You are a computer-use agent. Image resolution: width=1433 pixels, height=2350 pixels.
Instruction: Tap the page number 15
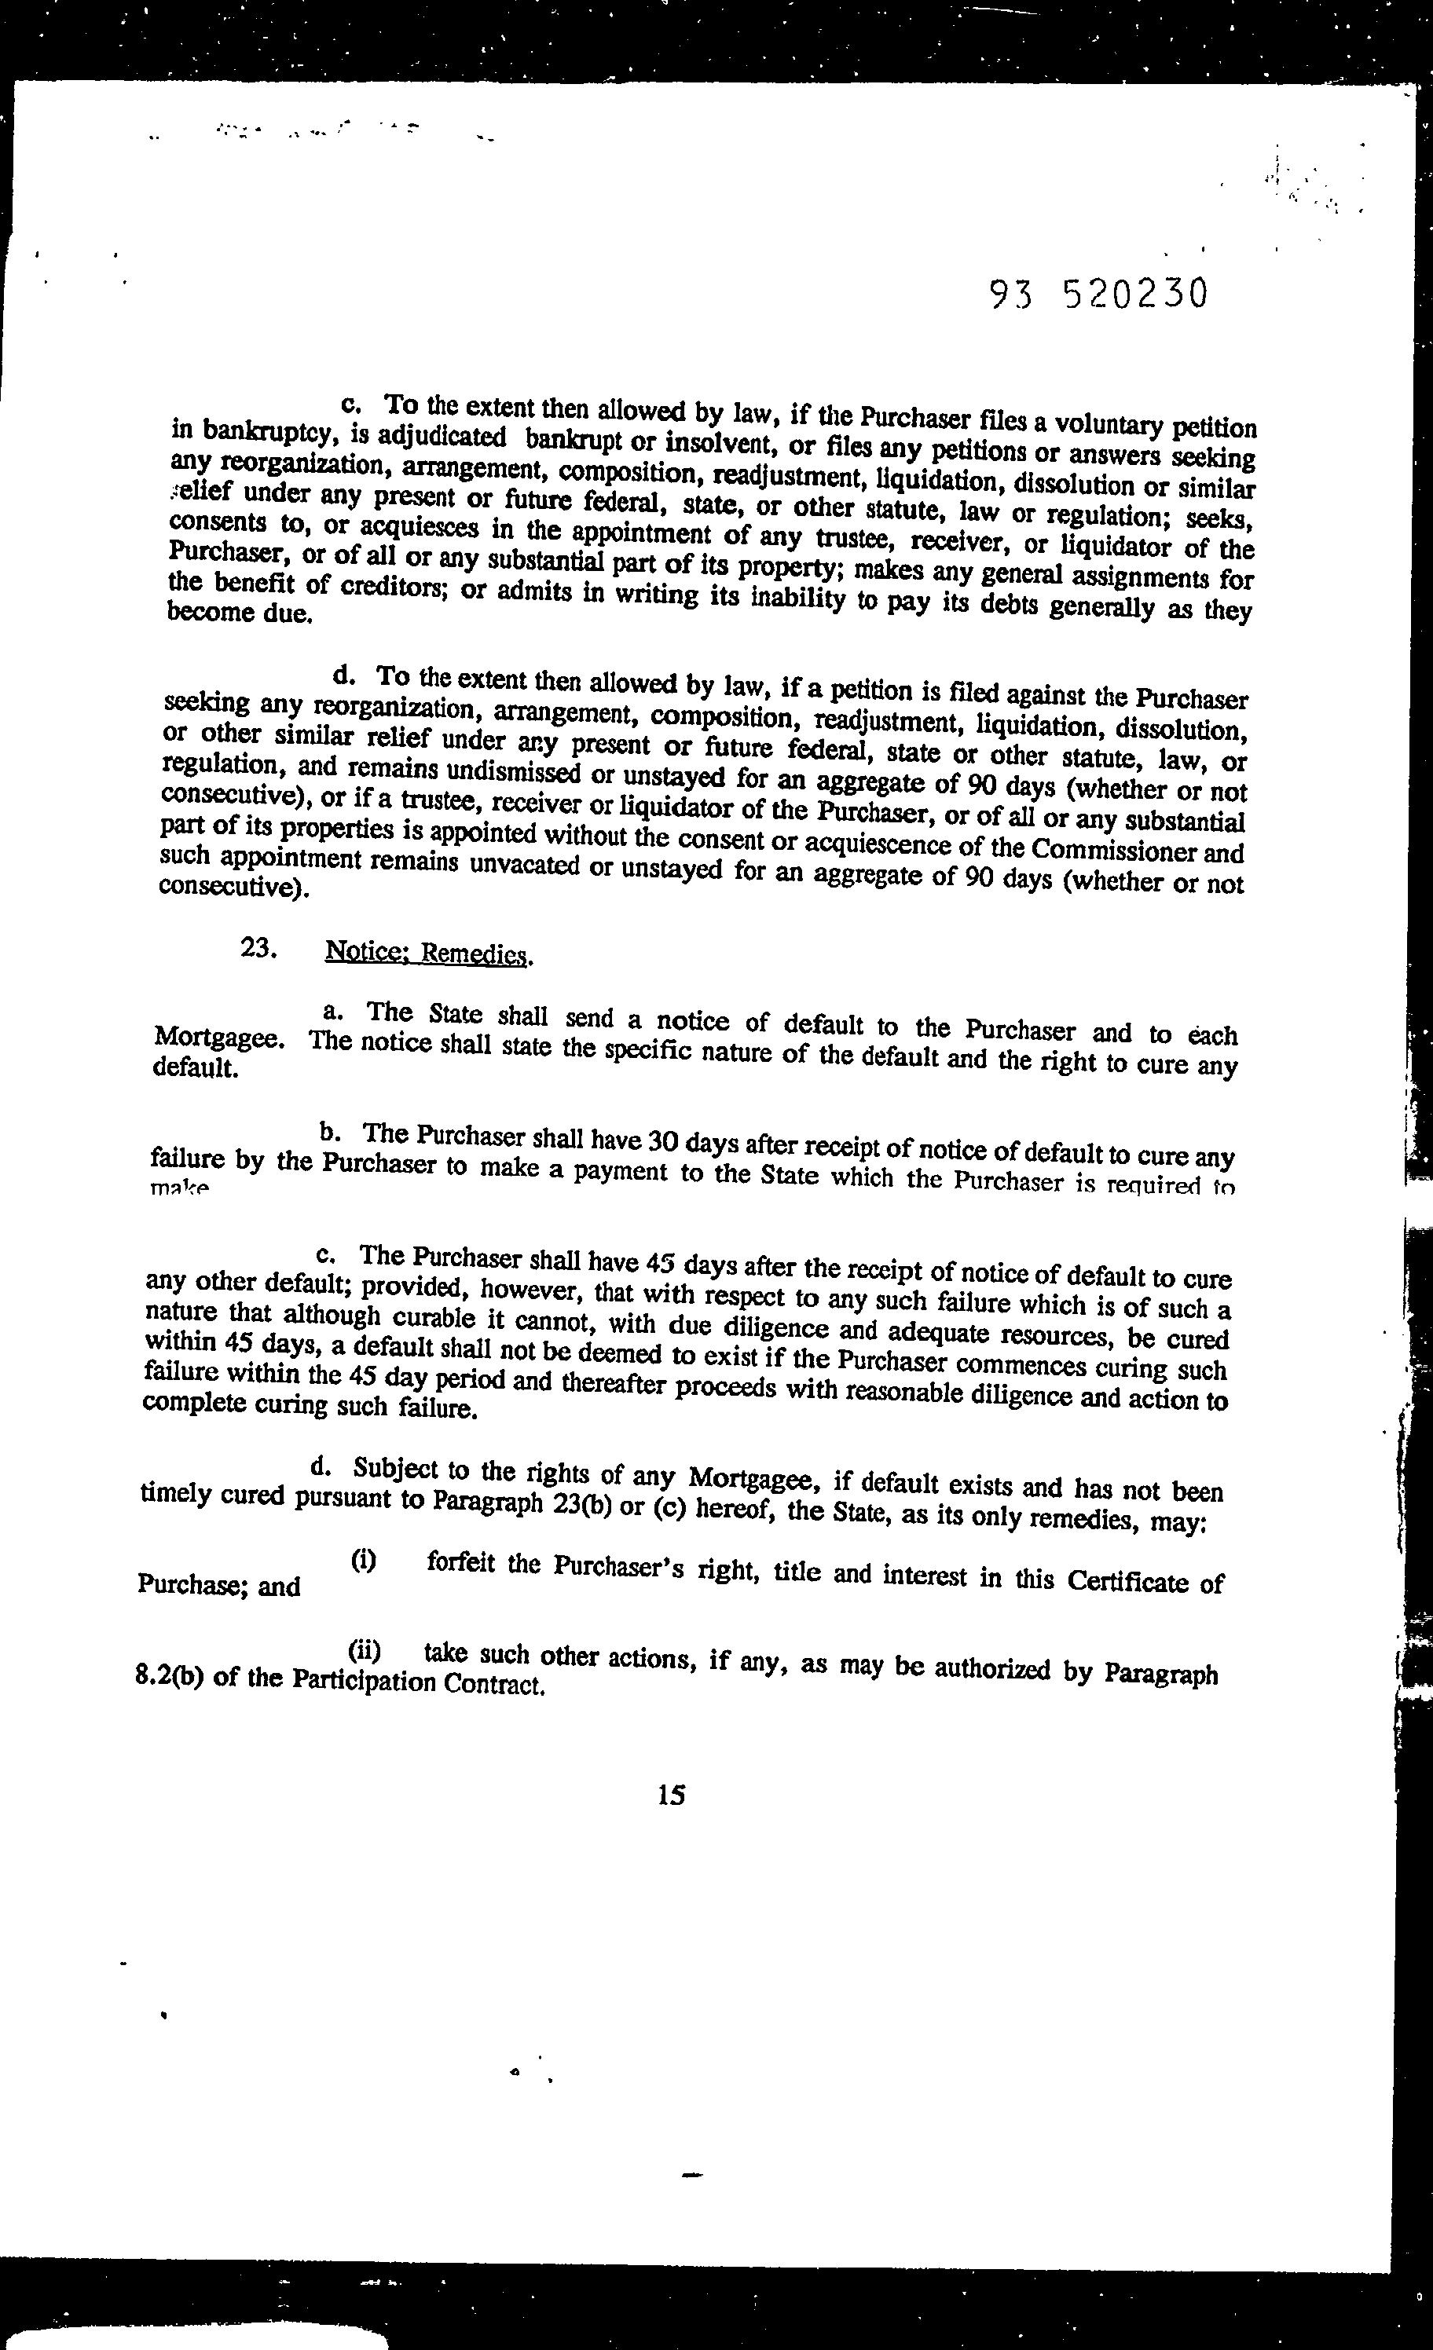[671, 1795]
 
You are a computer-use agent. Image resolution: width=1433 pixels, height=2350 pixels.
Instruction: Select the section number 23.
[258, 948]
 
